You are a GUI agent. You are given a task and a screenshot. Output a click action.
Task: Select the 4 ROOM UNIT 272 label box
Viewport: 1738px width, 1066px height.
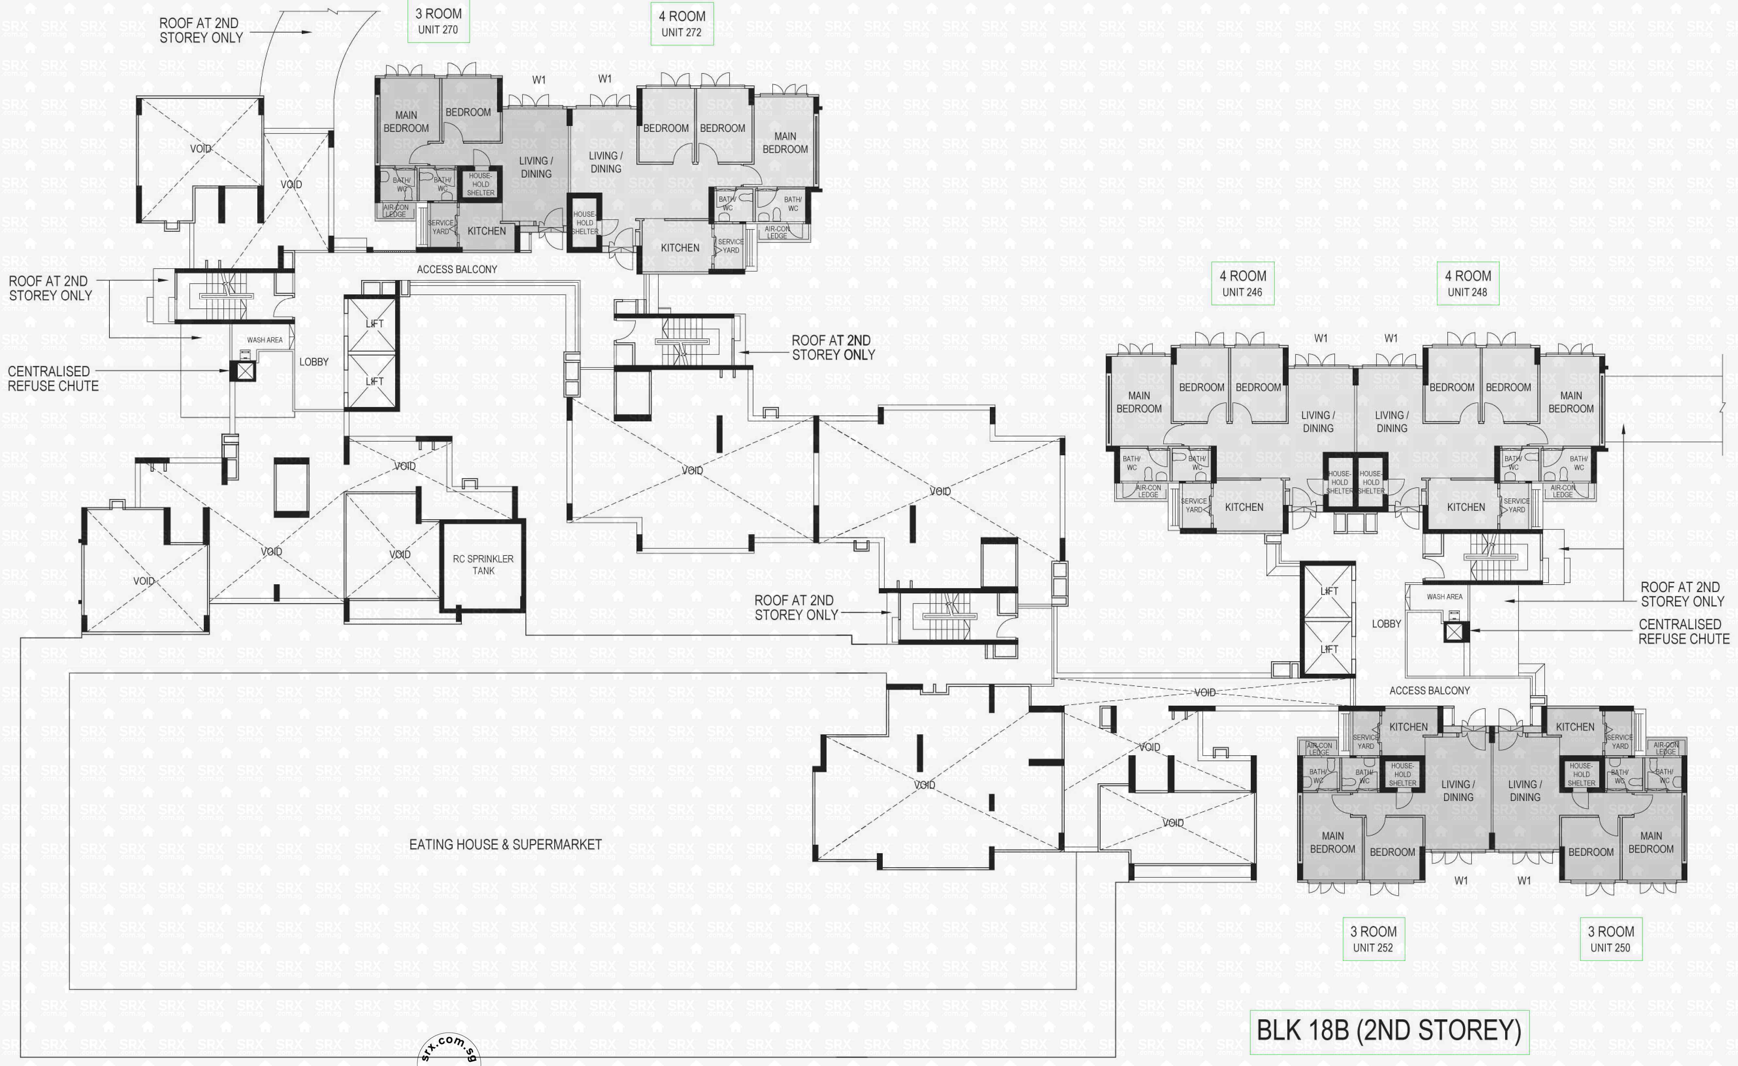[x=681, y=24]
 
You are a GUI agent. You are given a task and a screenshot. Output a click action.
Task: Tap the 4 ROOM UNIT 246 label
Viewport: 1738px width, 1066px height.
[x=1242, y=283]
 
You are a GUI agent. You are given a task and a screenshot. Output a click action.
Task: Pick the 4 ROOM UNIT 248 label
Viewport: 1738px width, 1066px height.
[x=1467, y=283]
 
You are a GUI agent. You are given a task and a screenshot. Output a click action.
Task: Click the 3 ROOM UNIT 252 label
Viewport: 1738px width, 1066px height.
[x=1373, y=939]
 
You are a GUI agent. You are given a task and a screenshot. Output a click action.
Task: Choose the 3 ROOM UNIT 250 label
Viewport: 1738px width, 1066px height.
[x=1610, y=939]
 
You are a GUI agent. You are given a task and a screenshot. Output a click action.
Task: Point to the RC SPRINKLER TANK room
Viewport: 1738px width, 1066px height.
[x=483, y=565]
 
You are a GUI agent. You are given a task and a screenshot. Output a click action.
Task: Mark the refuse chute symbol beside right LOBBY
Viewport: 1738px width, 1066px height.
[x=1454, y=632]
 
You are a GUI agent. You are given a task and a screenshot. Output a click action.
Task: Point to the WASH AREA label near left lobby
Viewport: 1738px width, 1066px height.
[x=265, y=340]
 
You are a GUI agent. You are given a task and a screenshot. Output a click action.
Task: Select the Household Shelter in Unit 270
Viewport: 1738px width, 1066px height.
[x=480, y=184]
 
